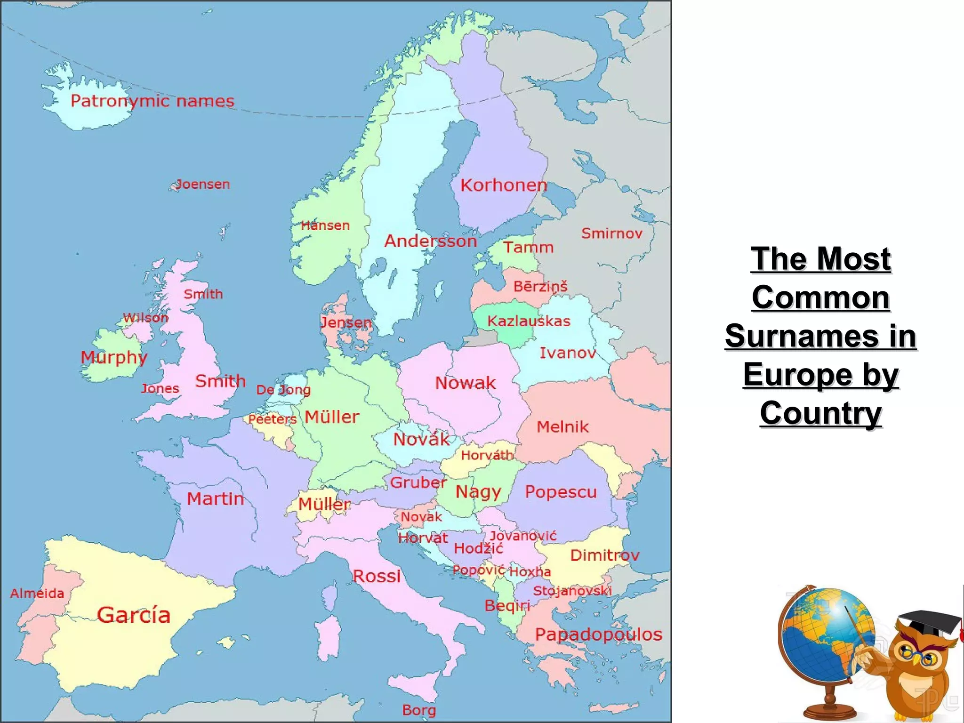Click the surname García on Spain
pos(134,615)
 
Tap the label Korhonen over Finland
pos(504,185)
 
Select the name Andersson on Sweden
pos(431,241)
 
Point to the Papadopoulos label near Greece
pos(598,635)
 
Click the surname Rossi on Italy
pos(377,576)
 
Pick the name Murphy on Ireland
pos(114,357)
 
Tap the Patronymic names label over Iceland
pos(152,101)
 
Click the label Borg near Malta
pos(419,710)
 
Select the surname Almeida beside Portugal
pos(37,593)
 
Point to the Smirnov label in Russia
pos(611,233)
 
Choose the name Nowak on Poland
pos(465,383)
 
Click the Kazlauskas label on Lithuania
pos(529,321)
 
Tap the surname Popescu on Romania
pos(561,492)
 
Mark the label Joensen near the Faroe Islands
pos(203,184)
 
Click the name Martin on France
pos(216,499)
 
